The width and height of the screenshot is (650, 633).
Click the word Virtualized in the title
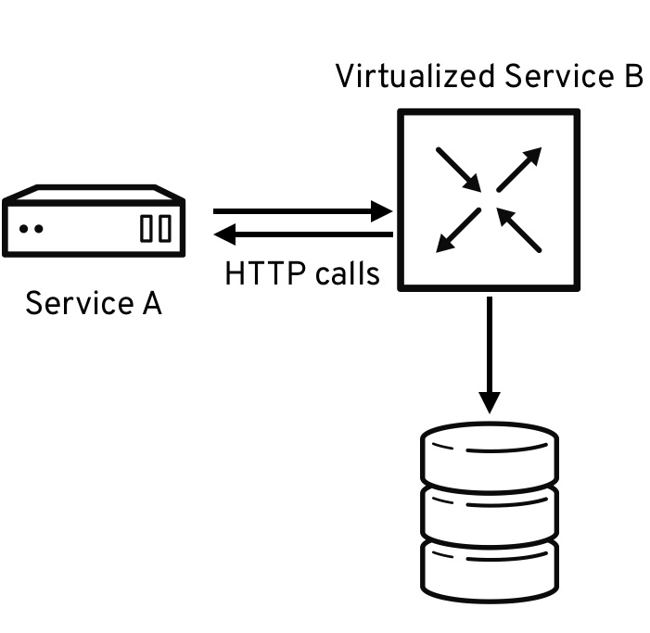click(x=415, y=76)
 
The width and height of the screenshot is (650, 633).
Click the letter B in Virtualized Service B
click(x=634, y=76)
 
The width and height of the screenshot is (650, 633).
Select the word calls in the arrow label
click(x=348, y=273)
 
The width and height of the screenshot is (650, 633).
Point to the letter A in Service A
click(x=152, y=303)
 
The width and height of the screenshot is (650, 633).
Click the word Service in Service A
click(x=80, y=303)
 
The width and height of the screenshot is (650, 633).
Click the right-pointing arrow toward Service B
click(x=302, y=211)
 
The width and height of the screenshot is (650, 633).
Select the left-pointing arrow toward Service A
click(x=303, y=234)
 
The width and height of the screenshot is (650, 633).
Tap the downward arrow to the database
click(x=490, y=355)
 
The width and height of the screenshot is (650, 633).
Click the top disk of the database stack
click(x=490, y=456)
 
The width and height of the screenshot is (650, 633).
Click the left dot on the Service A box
click(x=24, y=229)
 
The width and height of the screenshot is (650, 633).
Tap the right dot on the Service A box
click(x=39, y=229)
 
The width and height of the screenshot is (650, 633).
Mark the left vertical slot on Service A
click(x=146, y=228)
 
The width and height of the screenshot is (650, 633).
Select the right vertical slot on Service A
click(x=165, y=228)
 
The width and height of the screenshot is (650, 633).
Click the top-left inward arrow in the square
click(x=458, y=170)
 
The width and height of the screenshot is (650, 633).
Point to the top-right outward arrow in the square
click(x=519, y=170)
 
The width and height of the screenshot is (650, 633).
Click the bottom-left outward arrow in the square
click(x=458, y=231)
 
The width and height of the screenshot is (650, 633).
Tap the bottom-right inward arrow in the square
click(x=519, y=231)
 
